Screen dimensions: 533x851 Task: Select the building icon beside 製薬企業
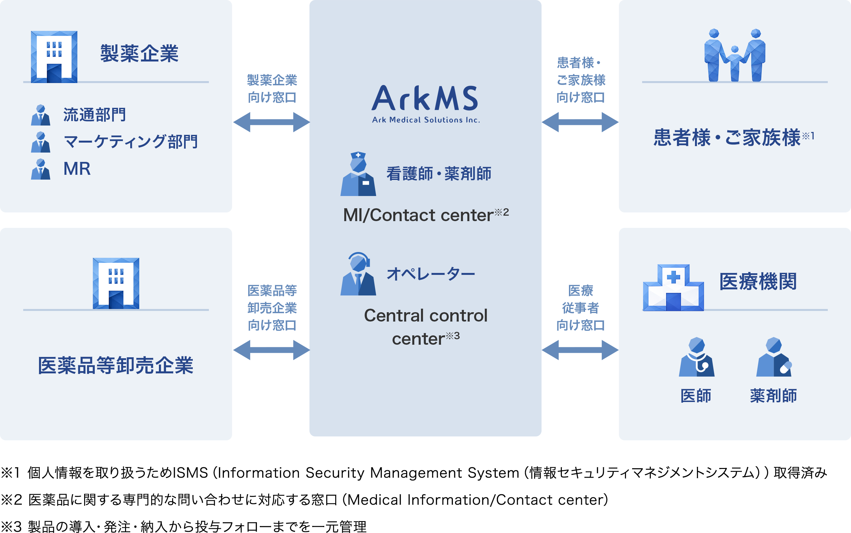pos(54,57)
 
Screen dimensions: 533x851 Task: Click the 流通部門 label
pos(94,115)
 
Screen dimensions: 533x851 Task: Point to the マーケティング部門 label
pos(130,142)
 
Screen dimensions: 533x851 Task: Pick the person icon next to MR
pos(41,169)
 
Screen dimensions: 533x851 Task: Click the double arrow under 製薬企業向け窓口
pos(271,122)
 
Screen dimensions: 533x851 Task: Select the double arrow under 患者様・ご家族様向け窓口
pos(580,122)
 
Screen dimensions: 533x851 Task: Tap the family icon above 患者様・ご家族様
pos(735,55)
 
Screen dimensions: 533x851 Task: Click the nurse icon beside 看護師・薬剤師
pos(358,174)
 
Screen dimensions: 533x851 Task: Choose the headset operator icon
pos(358,274)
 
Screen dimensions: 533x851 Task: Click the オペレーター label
pos(431,274)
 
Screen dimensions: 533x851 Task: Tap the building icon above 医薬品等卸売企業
pos(116,284)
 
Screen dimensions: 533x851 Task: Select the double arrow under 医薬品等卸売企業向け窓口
pos(271,350)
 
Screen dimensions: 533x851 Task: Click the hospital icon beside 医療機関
pos(673,288)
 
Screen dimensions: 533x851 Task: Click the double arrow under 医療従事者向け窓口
pos(580,350)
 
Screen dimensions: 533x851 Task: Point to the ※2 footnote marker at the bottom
pos(11,500)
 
